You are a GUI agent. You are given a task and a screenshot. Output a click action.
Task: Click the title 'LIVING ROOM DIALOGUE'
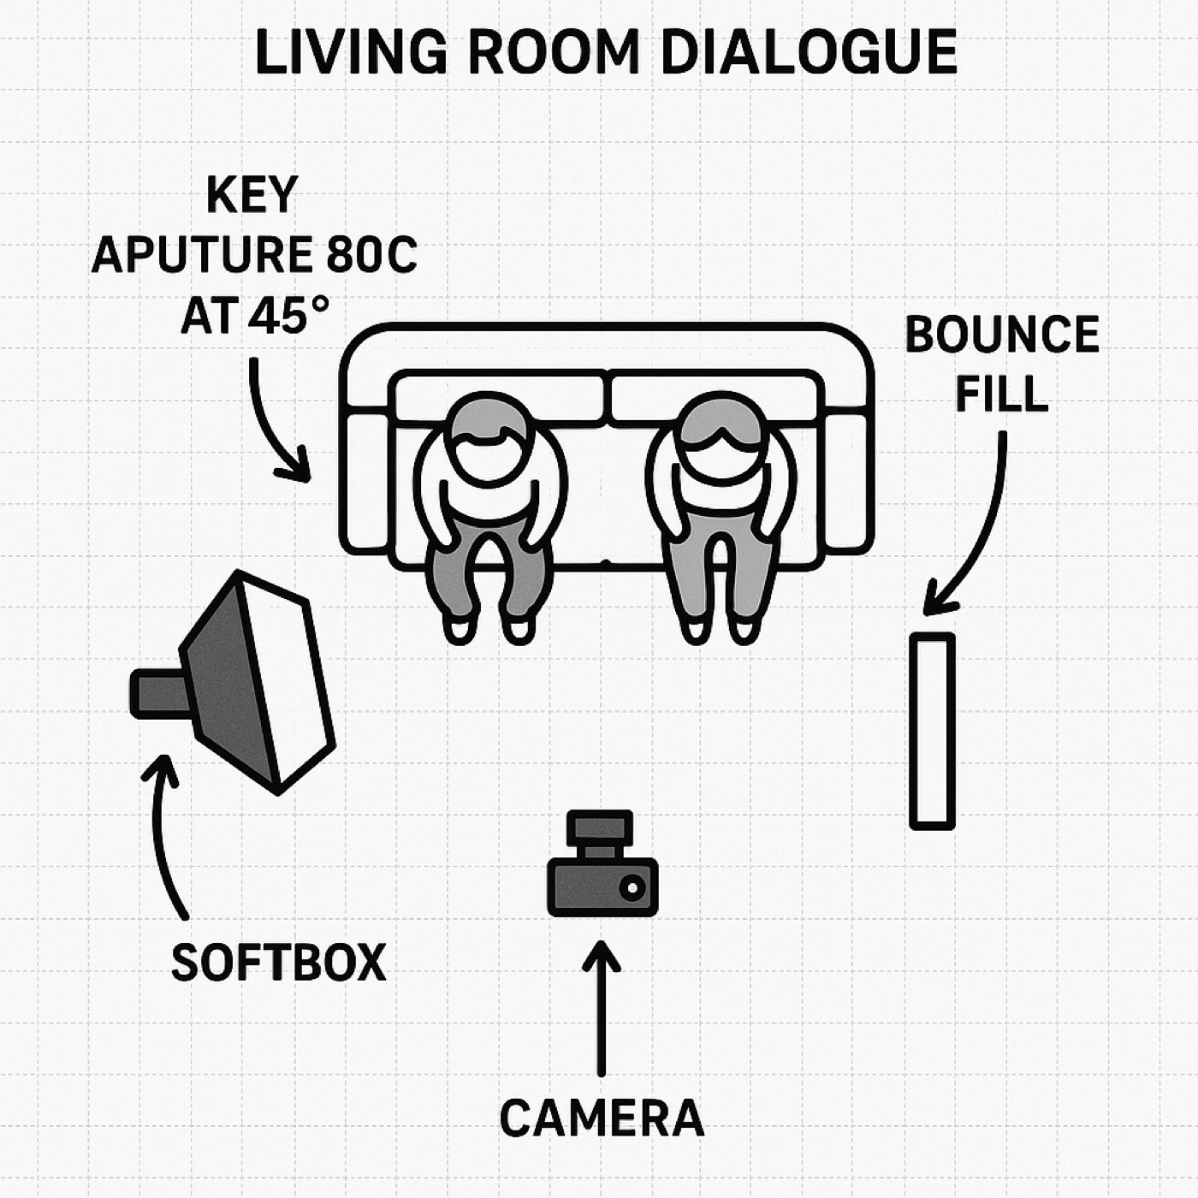606,53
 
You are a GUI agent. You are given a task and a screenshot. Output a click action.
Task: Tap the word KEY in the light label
251,197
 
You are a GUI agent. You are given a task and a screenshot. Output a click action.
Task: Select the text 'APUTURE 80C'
254,256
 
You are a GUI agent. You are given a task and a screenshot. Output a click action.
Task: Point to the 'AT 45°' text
254,315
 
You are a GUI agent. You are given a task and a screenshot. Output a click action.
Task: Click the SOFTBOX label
278,962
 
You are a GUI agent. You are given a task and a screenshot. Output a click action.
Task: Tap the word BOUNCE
1001,335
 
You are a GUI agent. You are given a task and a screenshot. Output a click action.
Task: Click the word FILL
1001,394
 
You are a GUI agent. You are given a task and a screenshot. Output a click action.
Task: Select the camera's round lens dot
632,887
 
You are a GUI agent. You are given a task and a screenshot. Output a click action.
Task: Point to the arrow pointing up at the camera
602,1005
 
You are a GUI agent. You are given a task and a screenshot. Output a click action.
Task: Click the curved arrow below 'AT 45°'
270,424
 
